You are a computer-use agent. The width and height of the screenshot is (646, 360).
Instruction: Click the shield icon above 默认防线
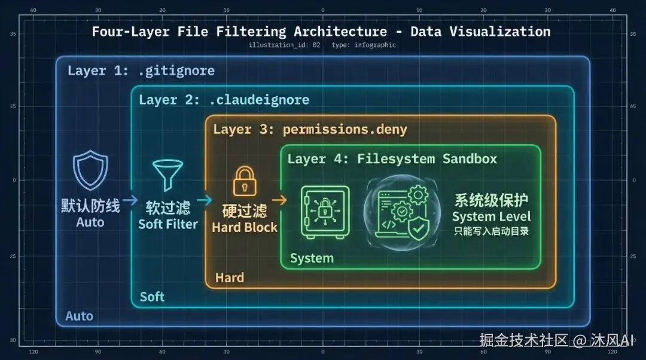tap(90, 171)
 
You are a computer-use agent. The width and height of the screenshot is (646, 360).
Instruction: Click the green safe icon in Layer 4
tap(324, 212)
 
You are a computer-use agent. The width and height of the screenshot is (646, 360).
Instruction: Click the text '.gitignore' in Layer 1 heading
tap(176, 71)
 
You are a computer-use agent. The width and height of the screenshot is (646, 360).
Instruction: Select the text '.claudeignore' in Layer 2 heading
tap(259, 99)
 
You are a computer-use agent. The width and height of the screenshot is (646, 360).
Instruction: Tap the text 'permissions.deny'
tap(345, 129)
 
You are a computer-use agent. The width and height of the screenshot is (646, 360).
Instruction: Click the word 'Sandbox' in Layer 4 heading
tap(470, 158)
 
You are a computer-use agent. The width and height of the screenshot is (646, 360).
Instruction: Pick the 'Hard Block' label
tap(245, 227)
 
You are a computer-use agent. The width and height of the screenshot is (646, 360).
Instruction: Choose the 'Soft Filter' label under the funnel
tap(168, 224)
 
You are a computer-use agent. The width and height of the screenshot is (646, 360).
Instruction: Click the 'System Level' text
tap(491, 216)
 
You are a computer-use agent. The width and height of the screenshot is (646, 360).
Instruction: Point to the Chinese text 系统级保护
tap(491, 200)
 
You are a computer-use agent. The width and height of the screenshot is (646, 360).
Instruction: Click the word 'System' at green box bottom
tap(312, 258)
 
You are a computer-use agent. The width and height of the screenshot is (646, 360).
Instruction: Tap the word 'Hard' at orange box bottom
tap(230, 277)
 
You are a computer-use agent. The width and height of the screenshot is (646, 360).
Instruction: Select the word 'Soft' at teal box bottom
tap(152, 297)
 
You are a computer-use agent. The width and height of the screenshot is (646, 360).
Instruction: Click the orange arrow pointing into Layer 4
tap(278, 200)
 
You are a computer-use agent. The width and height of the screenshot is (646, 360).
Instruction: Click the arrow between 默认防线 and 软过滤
tap(130, 200)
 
